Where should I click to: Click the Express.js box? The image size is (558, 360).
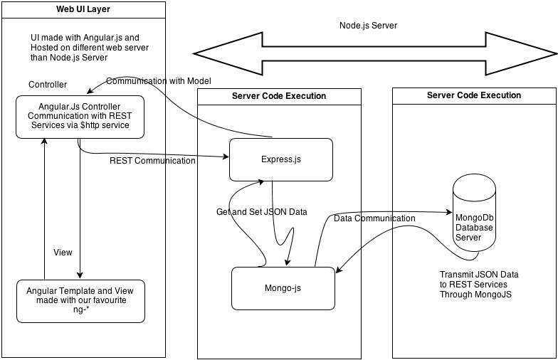click(280, 159)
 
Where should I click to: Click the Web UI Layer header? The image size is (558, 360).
click(83, 9)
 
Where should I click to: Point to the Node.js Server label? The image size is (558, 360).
click(368, 25)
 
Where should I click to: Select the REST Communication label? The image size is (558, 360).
click(152, 161)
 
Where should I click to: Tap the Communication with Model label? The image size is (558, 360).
click(159, 80)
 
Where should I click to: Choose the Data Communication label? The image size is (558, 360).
click(374, 218)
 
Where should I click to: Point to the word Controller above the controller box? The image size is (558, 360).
click(48, 85)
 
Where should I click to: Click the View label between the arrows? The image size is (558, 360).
click(63, 253)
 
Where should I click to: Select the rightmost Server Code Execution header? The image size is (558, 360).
click(474, 95)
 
